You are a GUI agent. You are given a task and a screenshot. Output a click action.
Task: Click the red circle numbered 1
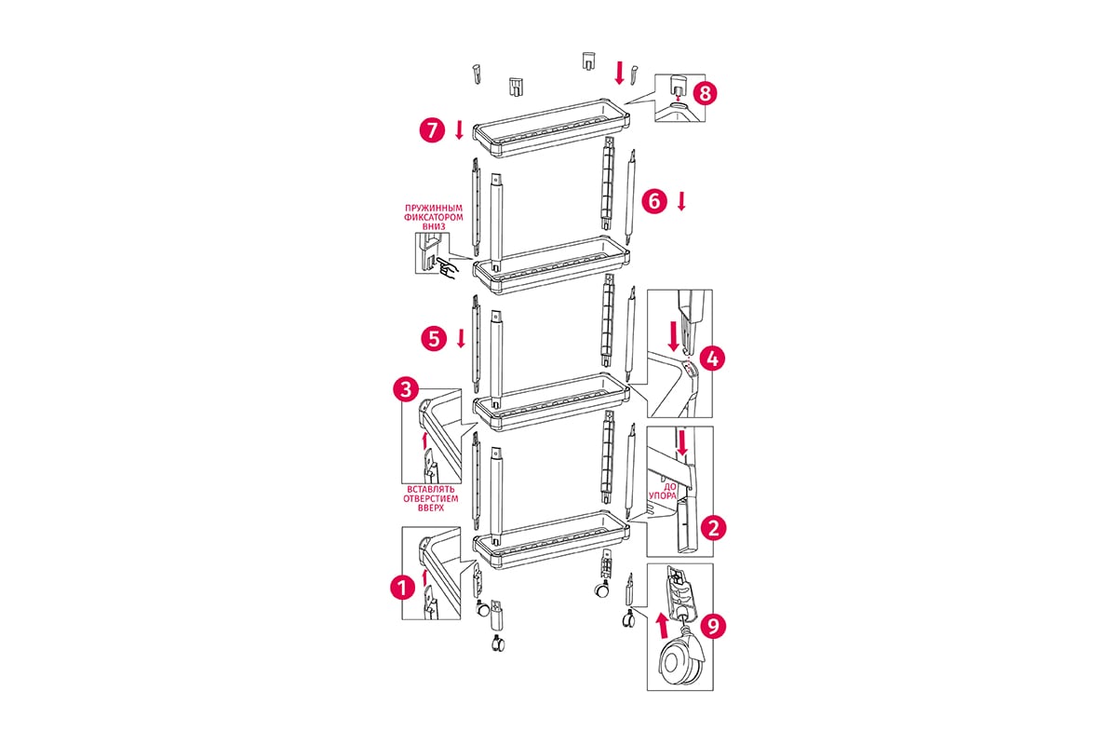(402, 588)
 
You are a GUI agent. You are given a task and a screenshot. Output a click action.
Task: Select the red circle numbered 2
(714, 528)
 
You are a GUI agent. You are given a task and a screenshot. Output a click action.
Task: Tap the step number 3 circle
(406, 389)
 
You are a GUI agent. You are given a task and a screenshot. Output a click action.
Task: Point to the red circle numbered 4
(713, 359)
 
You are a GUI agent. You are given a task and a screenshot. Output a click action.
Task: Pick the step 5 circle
(434, 339)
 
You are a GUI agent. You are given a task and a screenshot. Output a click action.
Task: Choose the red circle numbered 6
(654, 201)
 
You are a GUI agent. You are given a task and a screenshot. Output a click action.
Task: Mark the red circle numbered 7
(432, 130)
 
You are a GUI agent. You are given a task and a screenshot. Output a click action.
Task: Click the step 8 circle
(705, 93)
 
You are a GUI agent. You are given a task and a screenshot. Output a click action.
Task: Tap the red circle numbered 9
(714, 626)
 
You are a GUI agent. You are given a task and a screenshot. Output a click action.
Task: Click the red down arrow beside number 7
(460, 129)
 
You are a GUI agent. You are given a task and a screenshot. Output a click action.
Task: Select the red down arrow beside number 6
(681, 201)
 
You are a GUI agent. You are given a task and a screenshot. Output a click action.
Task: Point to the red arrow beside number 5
(462, 338)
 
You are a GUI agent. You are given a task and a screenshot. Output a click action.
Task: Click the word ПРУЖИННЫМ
(434, 208)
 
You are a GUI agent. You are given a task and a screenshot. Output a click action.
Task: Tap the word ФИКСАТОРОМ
(434, 217)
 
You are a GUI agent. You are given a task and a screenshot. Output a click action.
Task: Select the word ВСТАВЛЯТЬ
(431, 490)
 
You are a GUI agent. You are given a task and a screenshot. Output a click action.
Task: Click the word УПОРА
(662, 495)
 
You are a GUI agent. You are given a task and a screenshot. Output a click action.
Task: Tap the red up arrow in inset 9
(662, 626)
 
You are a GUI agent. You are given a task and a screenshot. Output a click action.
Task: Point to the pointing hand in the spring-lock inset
(445, 266)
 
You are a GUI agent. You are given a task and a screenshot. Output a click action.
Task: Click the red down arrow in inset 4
(673, 336)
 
